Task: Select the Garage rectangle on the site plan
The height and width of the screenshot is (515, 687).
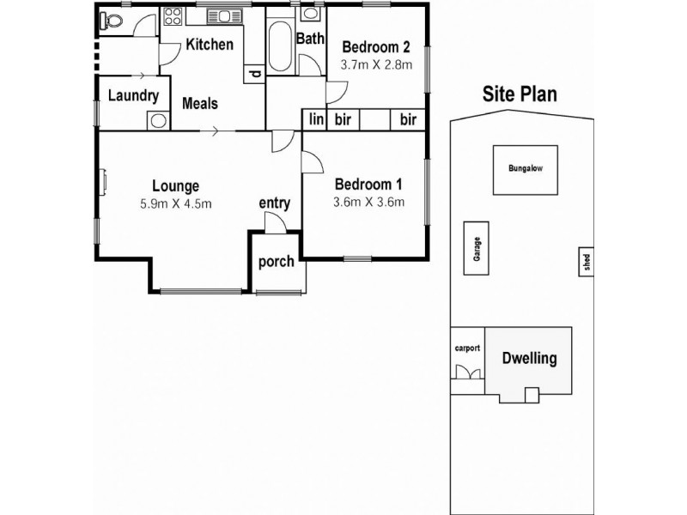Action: pyautogui.click(x=473, y=248)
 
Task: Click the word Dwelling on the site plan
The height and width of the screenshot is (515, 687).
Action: pyautogui.click(x=529, y=359)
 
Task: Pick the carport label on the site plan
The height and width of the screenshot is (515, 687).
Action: pyautogui.click(x=467, y=348)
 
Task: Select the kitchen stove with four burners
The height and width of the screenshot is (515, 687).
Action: pyautogui.click(x=172, y=17)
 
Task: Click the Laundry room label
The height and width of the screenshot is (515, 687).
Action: pyautogui.click(x=133, y=95)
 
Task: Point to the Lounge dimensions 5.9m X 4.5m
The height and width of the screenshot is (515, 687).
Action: pyautogui.click(x=175, y=203)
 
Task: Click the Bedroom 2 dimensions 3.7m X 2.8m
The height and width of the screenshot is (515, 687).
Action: pyautogui.click(x=377, y=64)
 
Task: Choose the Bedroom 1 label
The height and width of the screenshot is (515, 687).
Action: pyautogui.click(x=368, y=184)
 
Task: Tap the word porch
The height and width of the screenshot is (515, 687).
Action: pyautogui.click(x=277, y=261)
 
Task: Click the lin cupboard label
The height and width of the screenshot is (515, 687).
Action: pyautogui.click(x=316, y=119)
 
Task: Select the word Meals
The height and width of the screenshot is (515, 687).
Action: pyautogui.click(x=200, y=103)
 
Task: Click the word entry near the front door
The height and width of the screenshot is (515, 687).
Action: pyautogui.click(x=274, y=203)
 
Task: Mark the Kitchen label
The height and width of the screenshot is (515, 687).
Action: pyautogui.click(x=210, y=45)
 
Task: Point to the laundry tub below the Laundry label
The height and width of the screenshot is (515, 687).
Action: pyautogui.click(x=157, y=120)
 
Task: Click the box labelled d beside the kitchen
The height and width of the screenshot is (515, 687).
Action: pyautogui.click(x=255, y=74)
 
